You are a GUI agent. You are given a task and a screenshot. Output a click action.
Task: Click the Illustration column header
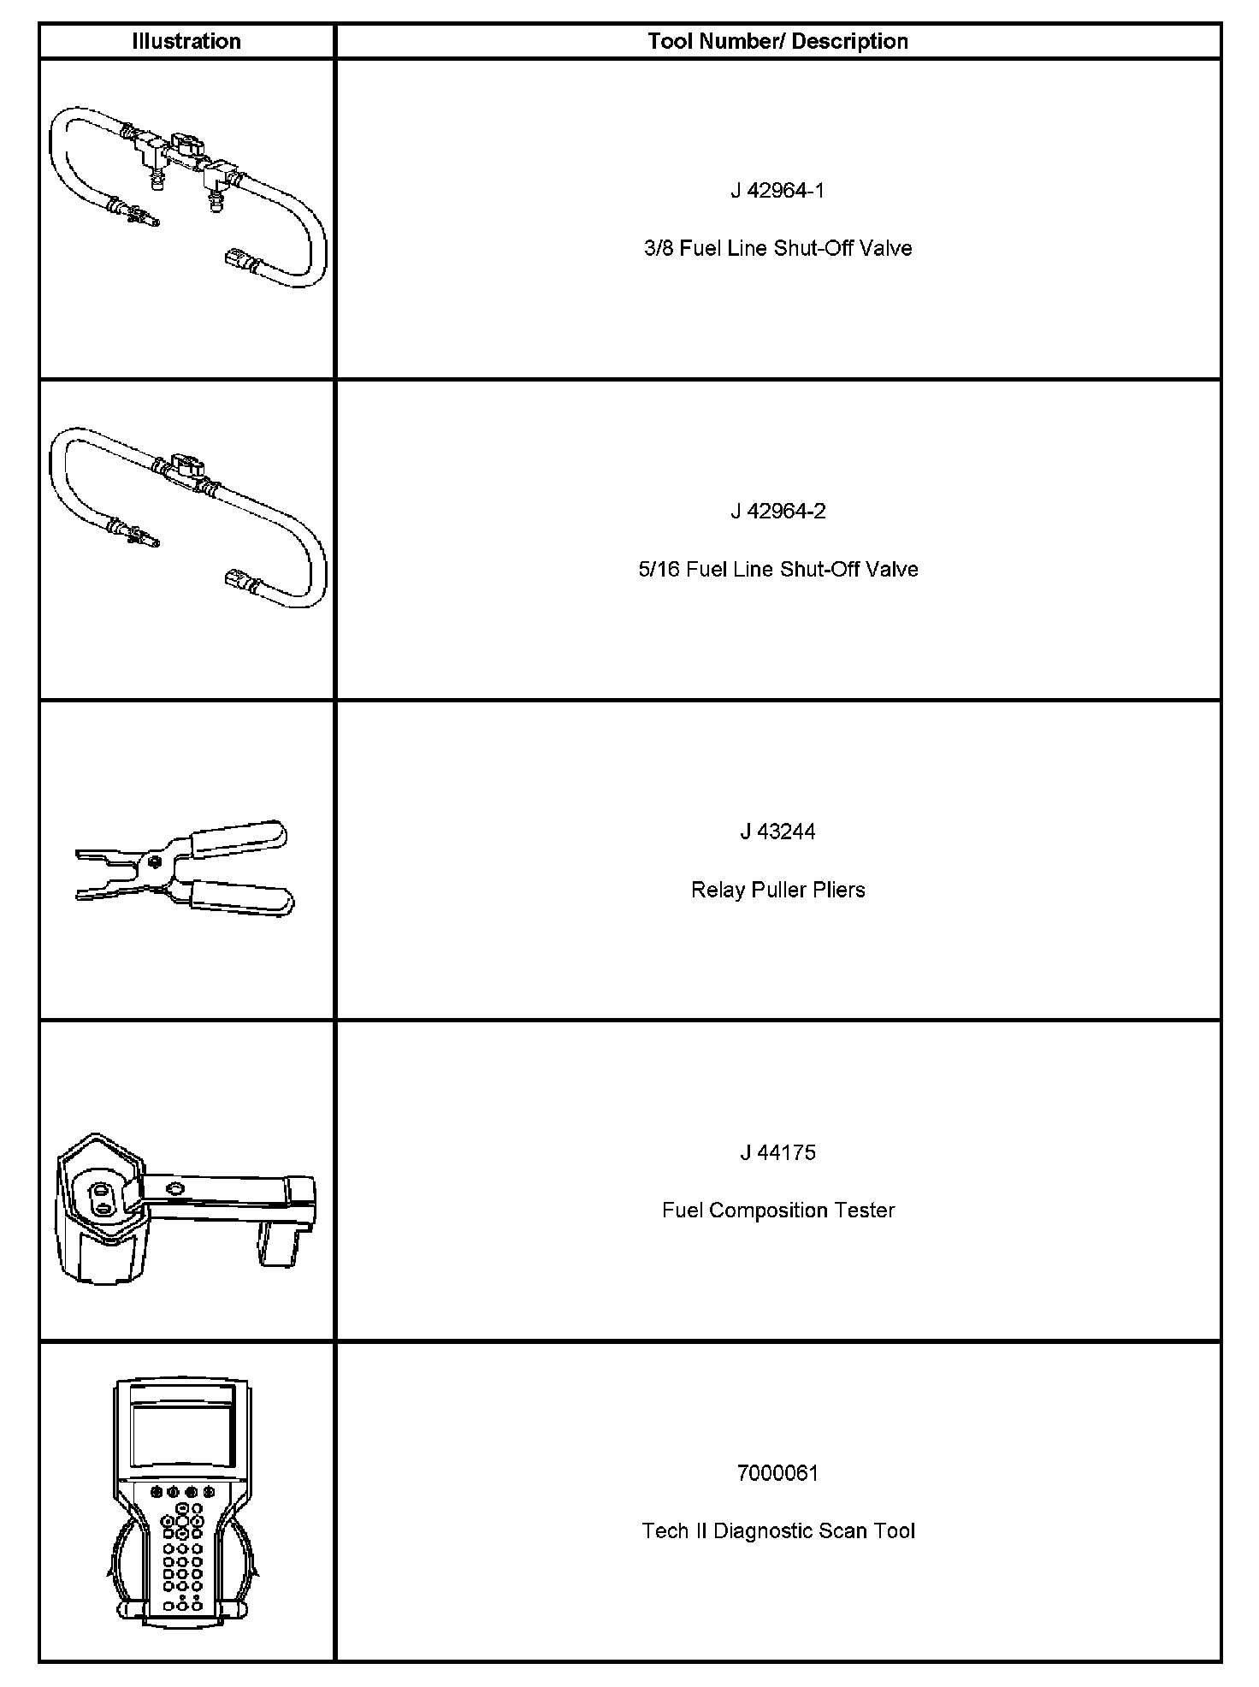pos(186,41)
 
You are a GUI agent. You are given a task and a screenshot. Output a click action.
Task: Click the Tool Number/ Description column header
pos(777,41)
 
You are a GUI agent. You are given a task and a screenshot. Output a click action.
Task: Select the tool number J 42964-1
pos(777,190)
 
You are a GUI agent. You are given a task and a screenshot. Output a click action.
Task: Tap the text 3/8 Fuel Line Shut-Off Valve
pos(777,248)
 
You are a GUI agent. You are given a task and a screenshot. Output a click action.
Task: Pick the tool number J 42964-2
pos(777,511)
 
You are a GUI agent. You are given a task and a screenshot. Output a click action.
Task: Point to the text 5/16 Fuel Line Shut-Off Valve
pos(777,569)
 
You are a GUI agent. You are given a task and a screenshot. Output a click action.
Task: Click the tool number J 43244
pos(777,832)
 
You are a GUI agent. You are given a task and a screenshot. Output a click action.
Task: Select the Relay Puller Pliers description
pos(777,890)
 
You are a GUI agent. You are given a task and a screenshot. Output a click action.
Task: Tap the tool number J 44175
pos(777,1152)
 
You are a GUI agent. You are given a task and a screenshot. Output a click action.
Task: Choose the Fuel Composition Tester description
pos(777,1210)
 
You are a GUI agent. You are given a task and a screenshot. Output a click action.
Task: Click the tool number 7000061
pos(777,1473)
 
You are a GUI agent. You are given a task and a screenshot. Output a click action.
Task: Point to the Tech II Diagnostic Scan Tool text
pos(777,1531)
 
